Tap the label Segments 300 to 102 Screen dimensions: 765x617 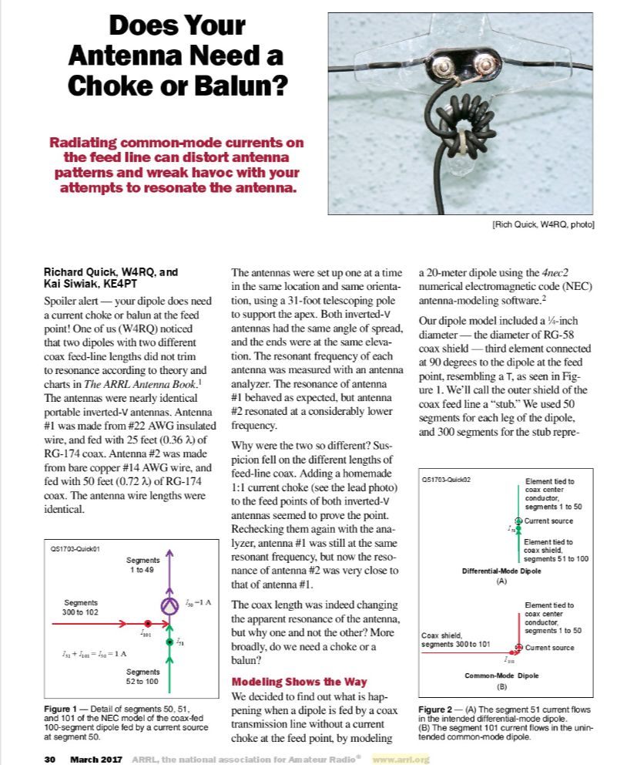[x=81, y=607]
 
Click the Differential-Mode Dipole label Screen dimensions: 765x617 [x=501, y=571]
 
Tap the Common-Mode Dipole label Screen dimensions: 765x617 [x=501, y=676]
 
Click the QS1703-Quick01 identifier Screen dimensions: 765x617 [x=73, y=549]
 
